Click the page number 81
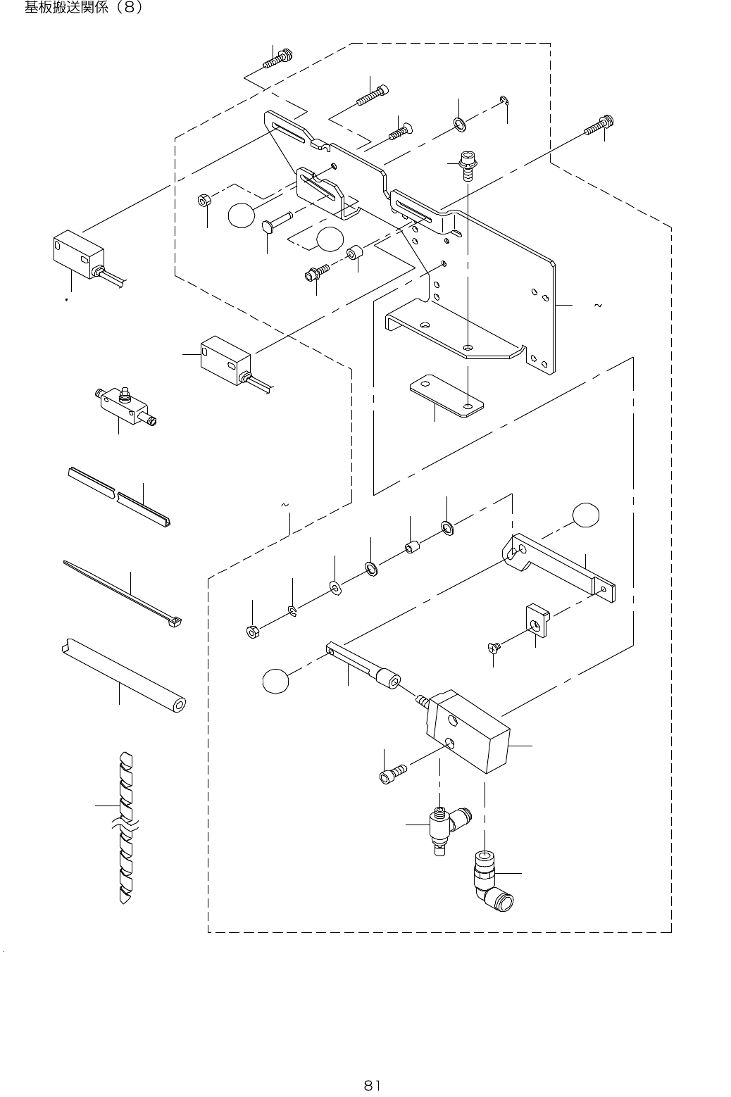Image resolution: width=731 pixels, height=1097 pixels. (x=372, y=1084)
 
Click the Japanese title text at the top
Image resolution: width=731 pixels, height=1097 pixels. (x=84, y=9)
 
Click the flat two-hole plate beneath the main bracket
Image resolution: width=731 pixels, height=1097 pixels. (x=446, y=397)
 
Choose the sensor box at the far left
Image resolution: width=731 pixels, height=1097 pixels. (x=77, y=253)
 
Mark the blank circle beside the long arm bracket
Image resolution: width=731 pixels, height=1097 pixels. (x=587, y=515)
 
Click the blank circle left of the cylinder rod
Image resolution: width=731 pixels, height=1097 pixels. (x=276, y=681)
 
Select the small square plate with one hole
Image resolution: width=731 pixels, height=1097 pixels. (x=537, y=619)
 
